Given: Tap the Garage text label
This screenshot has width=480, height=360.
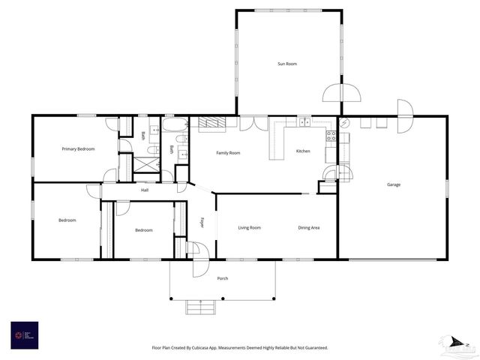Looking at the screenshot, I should [393, 184].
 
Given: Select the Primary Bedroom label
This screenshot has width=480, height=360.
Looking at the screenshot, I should [78, 149].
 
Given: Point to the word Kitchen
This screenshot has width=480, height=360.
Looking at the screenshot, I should [303, 151].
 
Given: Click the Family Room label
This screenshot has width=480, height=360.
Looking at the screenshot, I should [228, 153].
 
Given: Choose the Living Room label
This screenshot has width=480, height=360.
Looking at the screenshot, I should [249, 227].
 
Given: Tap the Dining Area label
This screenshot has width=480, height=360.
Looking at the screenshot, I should [309, 227].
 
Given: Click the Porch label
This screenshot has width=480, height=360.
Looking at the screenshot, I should [223, 278].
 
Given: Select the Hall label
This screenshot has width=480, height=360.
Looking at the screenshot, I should [145, 190].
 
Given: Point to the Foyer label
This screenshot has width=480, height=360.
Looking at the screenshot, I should [202, 222].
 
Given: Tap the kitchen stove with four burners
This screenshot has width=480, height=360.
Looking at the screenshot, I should [331, 136].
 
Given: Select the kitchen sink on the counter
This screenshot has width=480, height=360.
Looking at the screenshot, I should [304, 122].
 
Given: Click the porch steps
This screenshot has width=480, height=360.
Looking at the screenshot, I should [200, 306].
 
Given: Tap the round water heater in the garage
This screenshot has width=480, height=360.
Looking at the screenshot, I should [344, 123].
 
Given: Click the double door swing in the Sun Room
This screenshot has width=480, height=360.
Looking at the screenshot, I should [341, 93].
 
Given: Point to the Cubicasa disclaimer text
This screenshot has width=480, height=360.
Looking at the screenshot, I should [240, 348].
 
